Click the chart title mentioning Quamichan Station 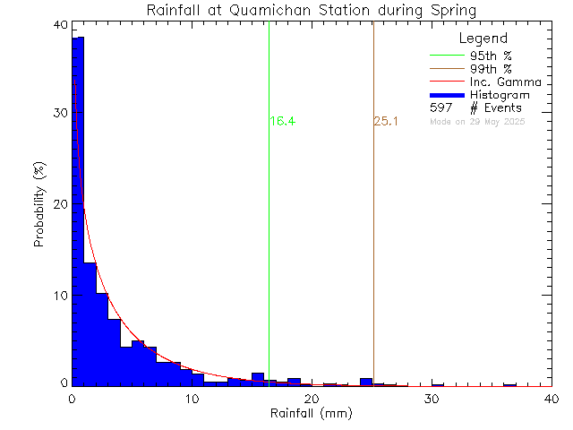point(312,10)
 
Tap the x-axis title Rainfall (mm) point(312,415)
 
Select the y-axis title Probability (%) point(40,205)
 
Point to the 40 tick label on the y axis point(59,24)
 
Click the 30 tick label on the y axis point(59,114)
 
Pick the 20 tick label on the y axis point(59,204)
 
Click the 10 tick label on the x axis point(192,400)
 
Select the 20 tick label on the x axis point(312,400)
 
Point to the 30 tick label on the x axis point(432,400)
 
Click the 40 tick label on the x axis point(551,400)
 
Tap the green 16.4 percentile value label point(282,122)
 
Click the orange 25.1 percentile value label point(386,122)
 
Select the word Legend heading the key point(483,39)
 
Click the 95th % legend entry point(491,56)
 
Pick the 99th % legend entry point(491,69)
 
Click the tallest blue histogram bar point(78,206)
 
